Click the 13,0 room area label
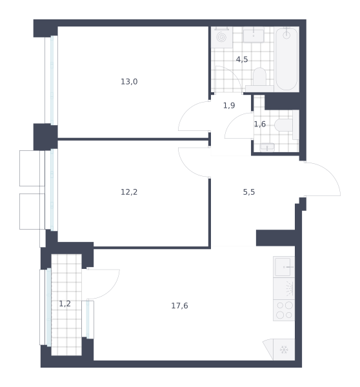click(x=129, y=82)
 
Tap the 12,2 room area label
click(x=129, y=192)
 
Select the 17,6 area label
click(x=179, y=306)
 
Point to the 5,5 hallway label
click(x=249, y=192)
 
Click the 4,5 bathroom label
click(x=242, y=59)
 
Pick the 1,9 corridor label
click(x=229, y=106)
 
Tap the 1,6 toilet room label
click(x=260, y=124)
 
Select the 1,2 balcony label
click(x=65, y=304)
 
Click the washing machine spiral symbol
click(x=221, y=37)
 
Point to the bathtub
click(x=286, y=59)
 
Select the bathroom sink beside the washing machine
click(x=254, y=35)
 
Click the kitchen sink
click(x=284, y=267)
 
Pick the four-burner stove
click(x=284, y=310)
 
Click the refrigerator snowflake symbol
click(x=284, y=350)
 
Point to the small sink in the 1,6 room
click(x=267, y=147)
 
